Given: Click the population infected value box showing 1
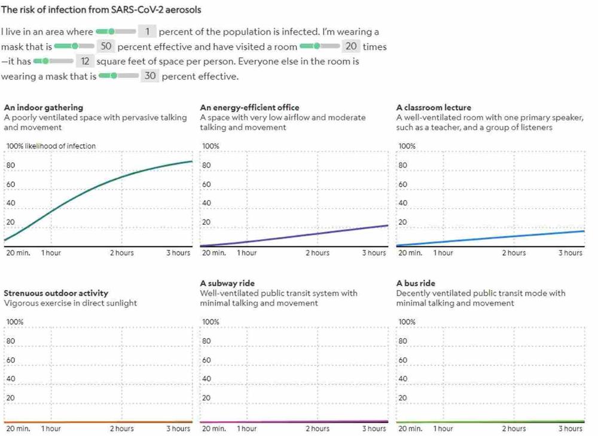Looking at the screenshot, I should pyautogui.click(x=147, y=32).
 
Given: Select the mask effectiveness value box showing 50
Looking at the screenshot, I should pyautogui.click(x=106, y=47).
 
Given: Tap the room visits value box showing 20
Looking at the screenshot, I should pyautogui.click(x=351, y=47).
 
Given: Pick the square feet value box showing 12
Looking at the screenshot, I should pyautogui.click(x=86, y=61).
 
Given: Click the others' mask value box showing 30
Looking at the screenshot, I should pyautogui.click(x=149, y=76).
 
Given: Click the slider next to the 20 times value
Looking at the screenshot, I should pyautogui.click(x=319, y=46).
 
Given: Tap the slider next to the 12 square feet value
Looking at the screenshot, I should pyautogui.click(x=53, y=61).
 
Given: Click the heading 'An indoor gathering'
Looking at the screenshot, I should pyautogui.click(x=44, y=108).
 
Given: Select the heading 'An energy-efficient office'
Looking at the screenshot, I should pyautogui.click(x=249, y=108).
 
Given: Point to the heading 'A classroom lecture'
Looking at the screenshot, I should pyautogui.click(x=434, y=108).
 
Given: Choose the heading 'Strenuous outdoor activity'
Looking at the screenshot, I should pyautogui.click(x=56, y=293).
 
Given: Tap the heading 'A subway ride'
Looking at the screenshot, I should pyautogui.click(x=227, y=283).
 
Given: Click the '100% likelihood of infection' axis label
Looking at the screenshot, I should pyautogui.click(x=51, y=146).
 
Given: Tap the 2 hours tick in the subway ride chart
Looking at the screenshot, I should pyautogui.click(x=318, y=428).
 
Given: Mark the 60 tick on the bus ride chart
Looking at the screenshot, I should pyautogui.click(x=402, y=360).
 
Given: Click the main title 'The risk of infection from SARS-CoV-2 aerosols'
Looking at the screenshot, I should pyautogui.click(x=100, y=10).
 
